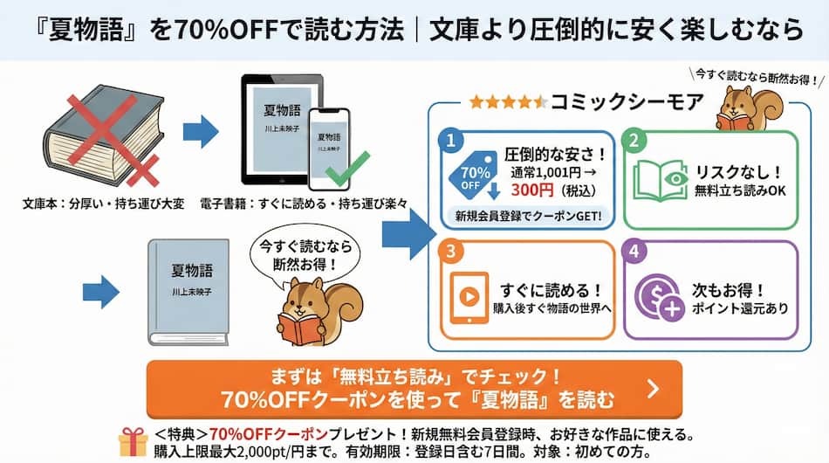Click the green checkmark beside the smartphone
(x=346, y=165)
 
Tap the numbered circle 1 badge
(x=450, y=140)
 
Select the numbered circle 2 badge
(x=638, y=140)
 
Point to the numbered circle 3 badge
(x=450, y=252)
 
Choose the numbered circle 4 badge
(x=638, y=252)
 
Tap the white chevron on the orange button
(x=652, y=388)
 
